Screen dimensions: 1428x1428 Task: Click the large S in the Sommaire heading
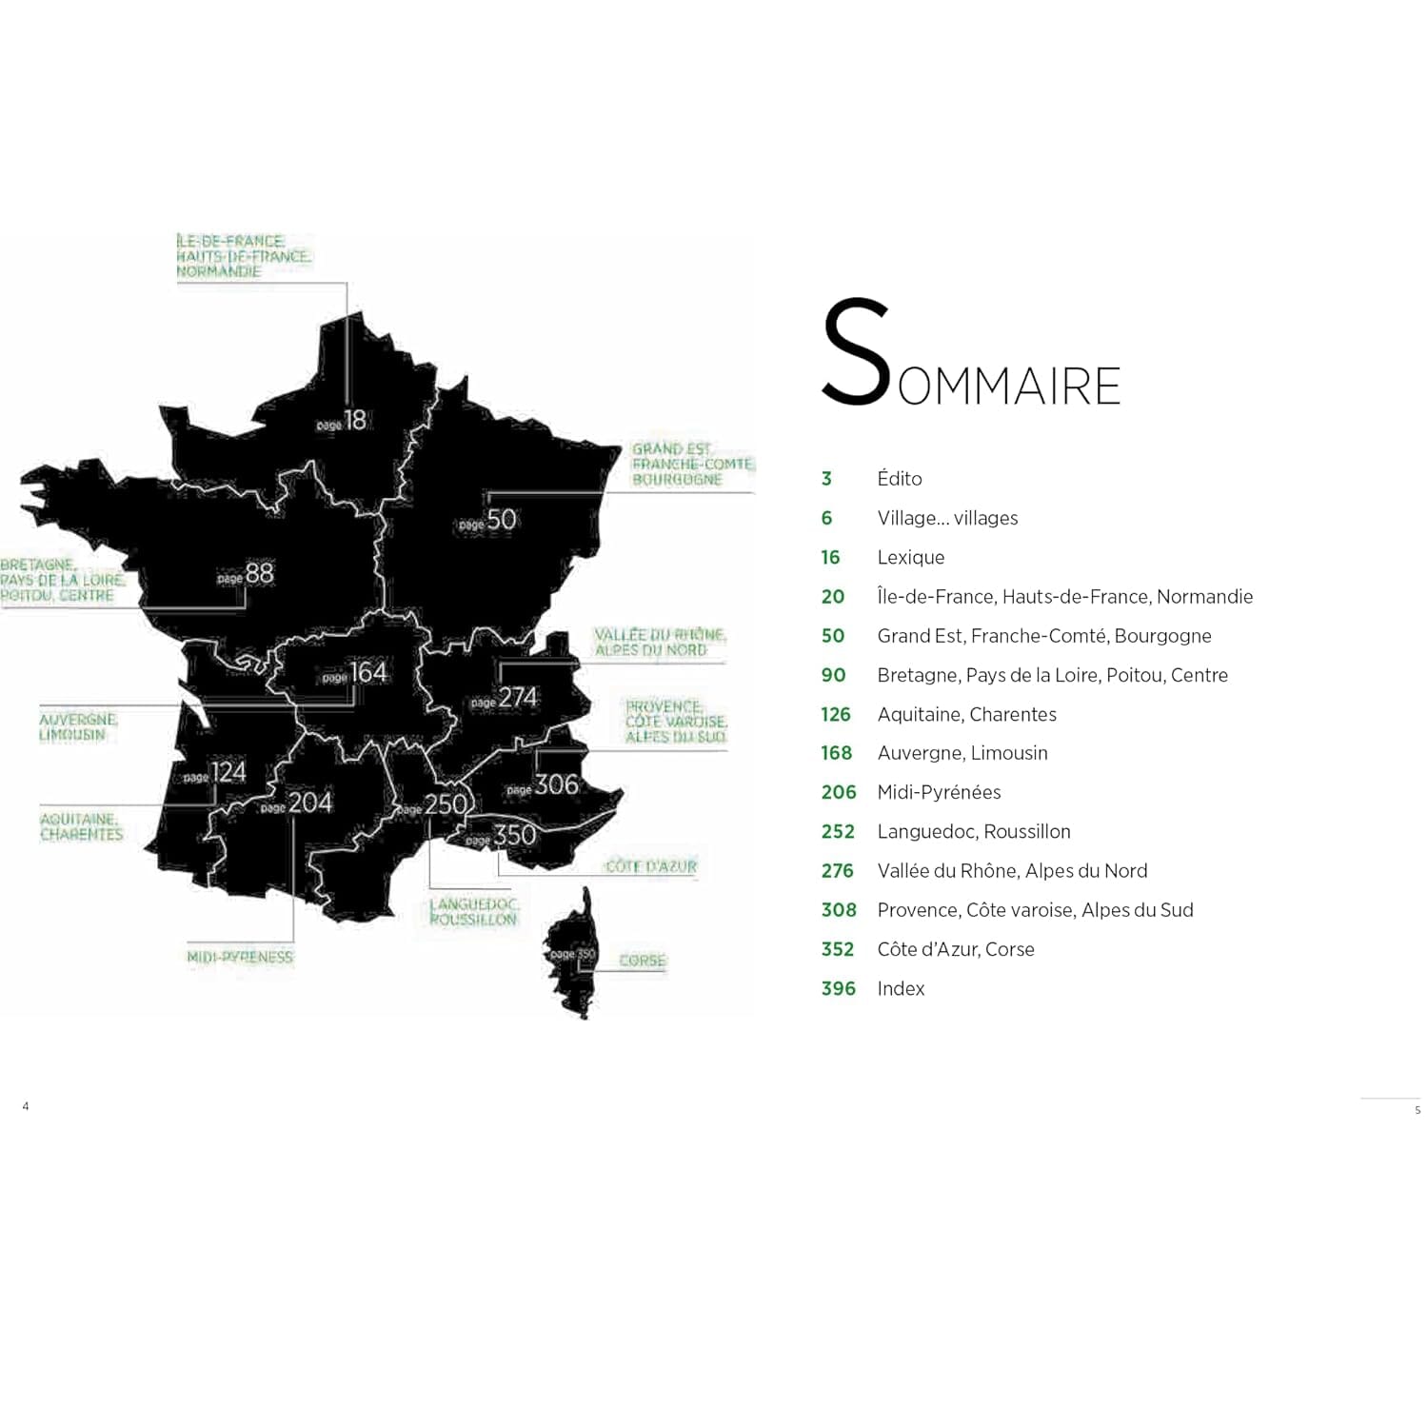point(855,352)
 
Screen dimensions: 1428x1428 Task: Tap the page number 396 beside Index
point(838,988)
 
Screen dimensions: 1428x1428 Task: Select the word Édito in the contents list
point(900,478)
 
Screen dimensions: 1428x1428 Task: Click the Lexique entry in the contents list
point(910,557)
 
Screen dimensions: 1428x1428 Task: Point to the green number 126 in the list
point(835,714)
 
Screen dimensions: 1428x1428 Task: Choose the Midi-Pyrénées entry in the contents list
point(939,792)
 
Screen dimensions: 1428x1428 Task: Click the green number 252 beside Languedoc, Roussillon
point(838,831)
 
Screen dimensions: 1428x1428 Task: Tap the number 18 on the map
point(354,420)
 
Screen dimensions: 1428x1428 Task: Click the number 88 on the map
point(259,573)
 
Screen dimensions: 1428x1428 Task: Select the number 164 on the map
point(367,672)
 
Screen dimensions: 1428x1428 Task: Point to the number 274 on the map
point(518,698)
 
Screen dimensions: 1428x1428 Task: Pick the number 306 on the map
point(556,784)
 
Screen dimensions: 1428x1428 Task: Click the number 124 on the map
point(228,772)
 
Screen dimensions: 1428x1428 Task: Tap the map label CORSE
point(642,961)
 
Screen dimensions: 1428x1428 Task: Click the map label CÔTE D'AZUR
point(651,866)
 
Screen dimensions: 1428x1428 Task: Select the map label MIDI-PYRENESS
point(240,957)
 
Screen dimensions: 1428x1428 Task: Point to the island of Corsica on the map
point(571,952)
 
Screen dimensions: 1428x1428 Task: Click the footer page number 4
point(26,1106)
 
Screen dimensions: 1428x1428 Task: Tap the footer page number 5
point(1417,1110)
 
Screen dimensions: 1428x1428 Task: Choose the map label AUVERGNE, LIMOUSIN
point(77,727)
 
